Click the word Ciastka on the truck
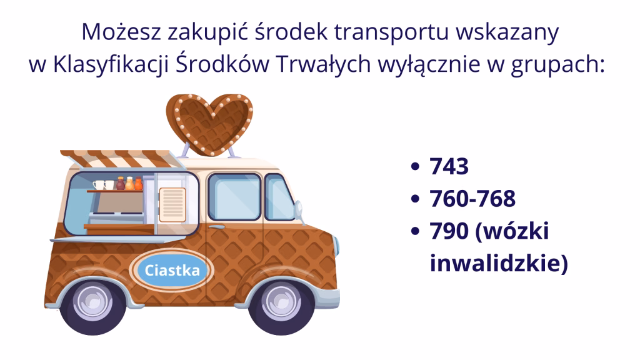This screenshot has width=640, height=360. coord(172,271)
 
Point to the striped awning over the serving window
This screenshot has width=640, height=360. coord(119,158)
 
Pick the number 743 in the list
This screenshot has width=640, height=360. coord(449,167)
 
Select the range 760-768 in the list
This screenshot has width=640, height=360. coord(472,199)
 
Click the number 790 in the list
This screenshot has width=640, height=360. coord(449,232)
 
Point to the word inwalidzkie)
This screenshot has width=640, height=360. coord(499,263)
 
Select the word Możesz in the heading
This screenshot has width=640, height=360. coord(114,32)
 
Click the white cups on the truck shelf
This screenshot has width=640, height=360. coord(104,184)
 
